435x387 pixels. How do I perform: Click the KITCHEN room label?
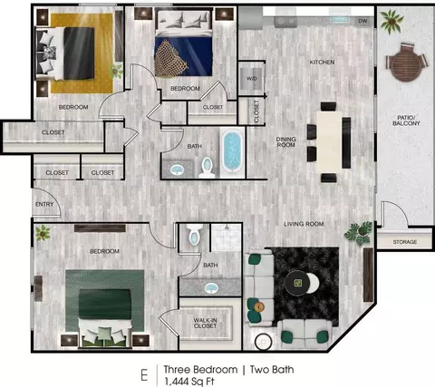322,63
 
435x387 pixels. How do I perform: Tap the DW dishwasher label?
362,21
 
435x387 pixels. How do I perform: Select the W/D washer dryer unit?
252,79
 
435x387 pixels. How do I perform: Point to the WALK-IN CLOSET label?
206,323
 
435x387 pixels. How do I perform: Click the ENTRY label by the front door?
44,205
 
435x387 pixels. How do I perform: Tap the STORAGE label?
405,242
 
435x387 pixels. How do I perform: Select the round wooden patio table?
406,63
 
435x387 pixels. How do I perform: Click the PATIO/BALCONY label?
406,121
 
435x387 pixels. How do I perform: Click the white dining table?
329,142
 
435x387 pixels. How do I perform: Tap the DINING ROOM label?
285,142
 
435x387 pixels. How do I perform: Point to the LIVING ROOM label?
304,224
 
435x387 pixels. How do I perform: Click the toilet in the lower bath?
194,234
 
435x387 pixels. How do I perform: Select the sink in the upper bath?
177,169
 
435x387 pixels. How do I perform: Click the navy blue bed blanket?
183,56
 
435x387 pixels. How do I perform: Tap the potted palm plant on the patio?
391,21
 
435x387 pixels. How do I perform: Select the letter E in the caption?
144,375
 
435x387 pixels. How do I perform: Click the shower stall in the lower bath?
226,237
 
